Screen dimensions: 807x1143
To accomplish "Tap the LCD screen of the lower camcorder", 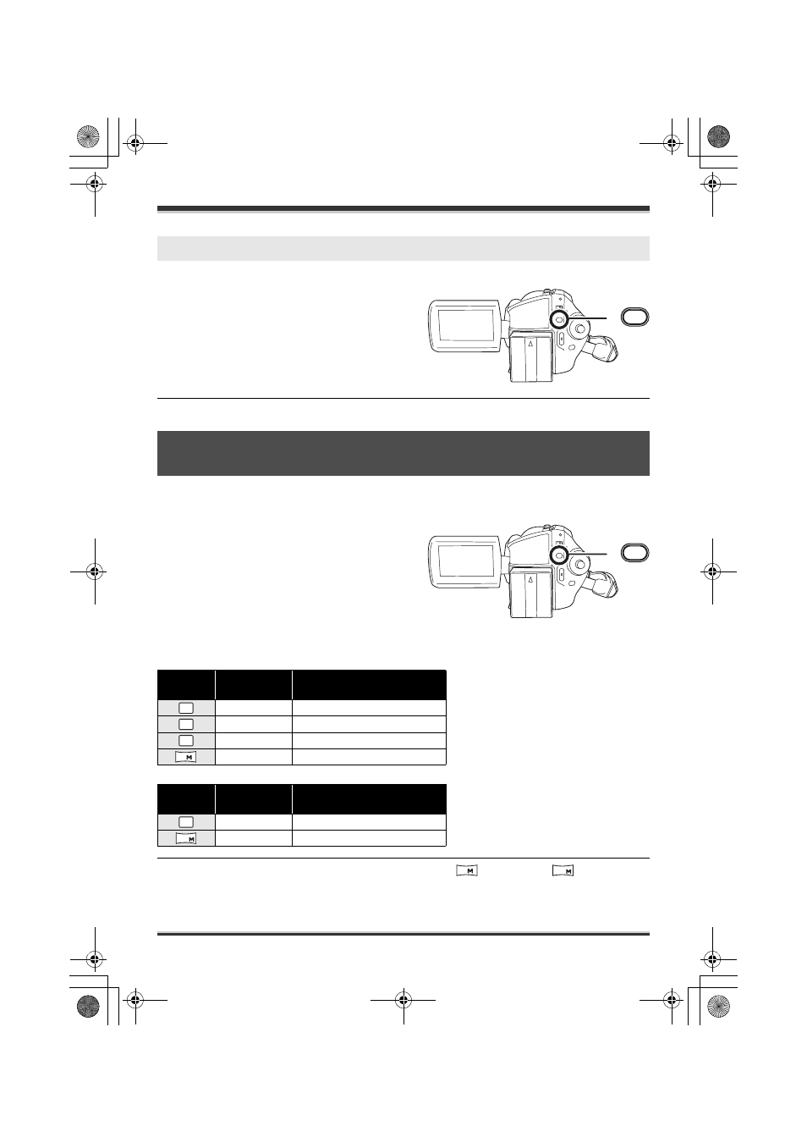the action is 466,560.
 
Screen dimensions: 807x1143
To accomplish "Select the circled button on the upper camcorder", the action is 559,319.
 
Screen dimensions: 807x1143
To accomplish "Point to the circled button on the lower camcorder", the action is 559,555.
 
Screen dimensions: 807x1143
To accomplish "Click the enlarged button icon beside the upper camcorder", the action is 634,317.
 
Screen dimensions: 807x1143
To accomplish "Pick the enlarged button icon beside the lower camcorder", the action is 634,552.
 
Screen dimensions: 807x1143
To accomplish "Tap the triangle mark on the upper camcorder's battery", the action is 530,344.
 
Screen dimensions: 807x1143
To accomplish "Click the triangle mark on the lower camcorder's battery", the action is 530,579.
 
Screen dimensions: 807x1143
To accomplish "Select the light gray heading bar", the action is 403,249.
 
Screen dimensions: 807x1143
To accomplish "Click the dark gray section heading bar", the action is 403,453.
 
